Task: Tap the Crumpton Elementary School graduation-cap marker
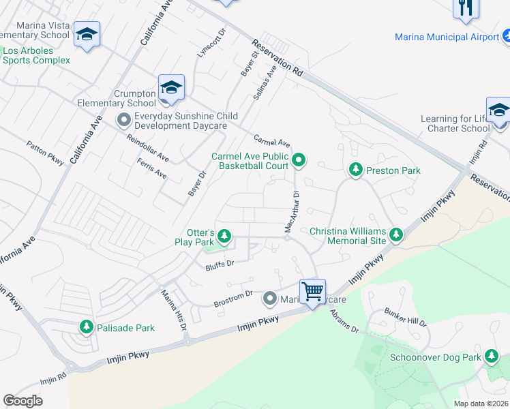172,88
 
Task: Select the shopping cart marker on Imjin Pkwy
313,292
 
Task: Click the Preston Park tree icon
355,169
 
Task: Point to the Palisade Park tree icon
87,327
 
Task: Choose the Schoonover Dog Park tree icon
492,356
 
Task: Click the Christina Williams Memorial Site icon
396,237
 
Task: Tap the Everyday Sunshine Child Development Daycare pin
124,121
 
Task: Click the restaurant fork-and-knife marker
466,7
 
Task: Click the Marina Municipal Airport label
447,37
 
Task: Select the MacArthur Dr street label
292,212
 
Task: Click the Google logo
23,401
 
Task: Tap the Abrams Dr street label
344,320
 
